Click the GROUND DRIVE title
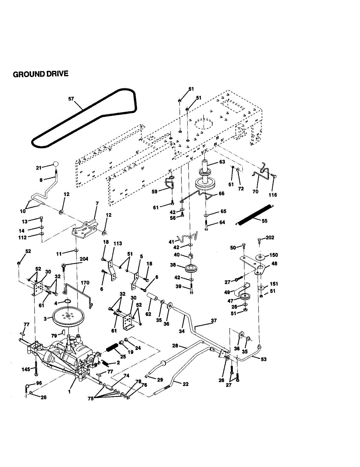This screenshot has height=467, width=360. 40,74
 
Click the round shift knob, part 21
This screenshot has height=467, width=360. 56,164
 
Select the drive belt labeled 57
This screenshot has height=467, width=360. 84,118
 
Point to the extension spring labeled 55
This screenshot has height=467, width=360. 255,215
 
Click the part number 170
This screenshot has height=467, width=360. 85,283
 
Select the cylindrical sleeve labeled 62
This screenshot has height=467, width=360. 152,298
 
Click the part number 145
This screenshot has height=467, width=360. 26,369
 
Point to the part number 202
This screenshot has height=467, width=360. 270,237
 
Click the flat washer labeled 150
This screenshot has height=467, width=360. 260,256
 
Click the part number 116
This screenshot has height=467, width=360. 273,195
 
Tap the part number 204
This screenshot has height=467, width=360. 84,259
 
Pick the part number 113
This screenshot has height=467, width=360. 118,244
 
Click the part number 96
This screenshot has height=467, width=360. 39,383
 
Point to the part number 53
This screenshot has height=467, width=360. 263,359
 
